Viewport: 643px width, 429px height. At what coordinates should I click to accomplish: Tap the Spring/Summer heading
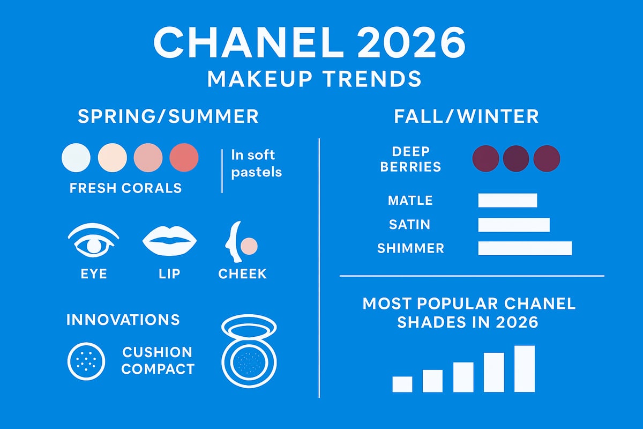click(x=168, y=116)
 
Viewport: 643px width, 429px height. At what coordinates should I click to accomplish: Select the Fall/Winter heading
click(x=466, y=116)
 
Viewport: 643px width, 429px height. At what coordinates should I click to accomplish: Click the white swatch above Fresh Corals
click(x=77, y=157)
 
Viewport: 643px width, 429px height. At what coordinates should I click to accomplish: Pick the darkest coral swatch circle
click(x=184, y=157)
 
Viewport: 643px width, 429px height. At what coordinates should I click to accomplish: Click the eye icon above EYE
click(x=94, y=242)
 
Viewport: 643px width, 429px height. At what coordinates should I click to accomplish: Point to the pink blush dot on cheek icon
click(x=249, y=246)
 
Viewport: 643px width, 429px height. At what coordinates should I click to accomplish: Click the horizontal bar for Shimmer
click(x=525, y=248)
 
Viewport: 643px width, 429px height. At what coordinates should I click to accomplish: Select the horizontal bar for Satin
click(x=513, y=224)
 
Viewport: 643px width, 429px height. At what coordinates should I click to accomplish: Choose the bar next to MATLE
click(x=507, y=200)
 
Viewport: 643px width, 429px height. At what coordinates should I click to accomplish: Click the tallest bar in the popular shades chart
click(x=525, y=368)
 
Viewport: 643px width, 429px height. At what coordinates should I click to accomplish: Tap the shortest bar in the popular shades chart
click(x=402, y=384)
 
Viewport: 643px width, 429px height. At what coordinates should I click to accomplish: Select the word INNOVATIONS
click(x=123, y=320)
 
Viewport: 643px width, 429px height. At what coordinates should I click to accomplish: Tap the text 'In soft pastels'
click(x=256, y=164)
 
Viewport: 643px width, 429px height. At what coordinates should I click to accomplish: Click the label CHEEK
click(x=242, y=273)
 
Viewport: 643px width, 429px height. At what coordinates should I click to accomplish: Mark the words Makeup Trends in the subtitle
click(x=315, y=79)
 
